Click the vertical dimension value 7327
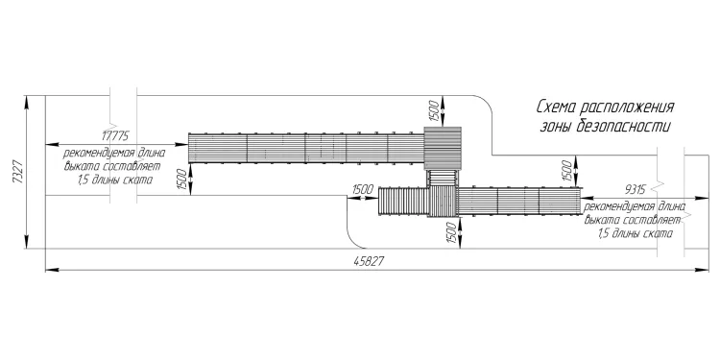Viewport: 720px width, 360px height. [x=18, y=172]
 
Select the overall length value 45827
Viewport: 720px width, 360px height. [x=369, y=262]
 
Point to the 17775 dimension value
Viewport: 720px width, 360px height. [x=116, y=136]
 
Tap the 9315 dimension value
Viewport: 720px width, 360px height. [x=636, y=190]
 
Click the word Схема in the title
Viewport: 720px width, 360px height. [x=556, y=108]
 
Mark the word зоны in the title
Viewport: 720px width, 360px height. [x=552, y=126]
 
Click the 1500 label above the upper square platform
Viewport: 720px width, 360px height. [x=434, y=109]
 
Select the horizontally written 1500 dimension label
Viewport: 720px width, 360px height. [x=363, y=190]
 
